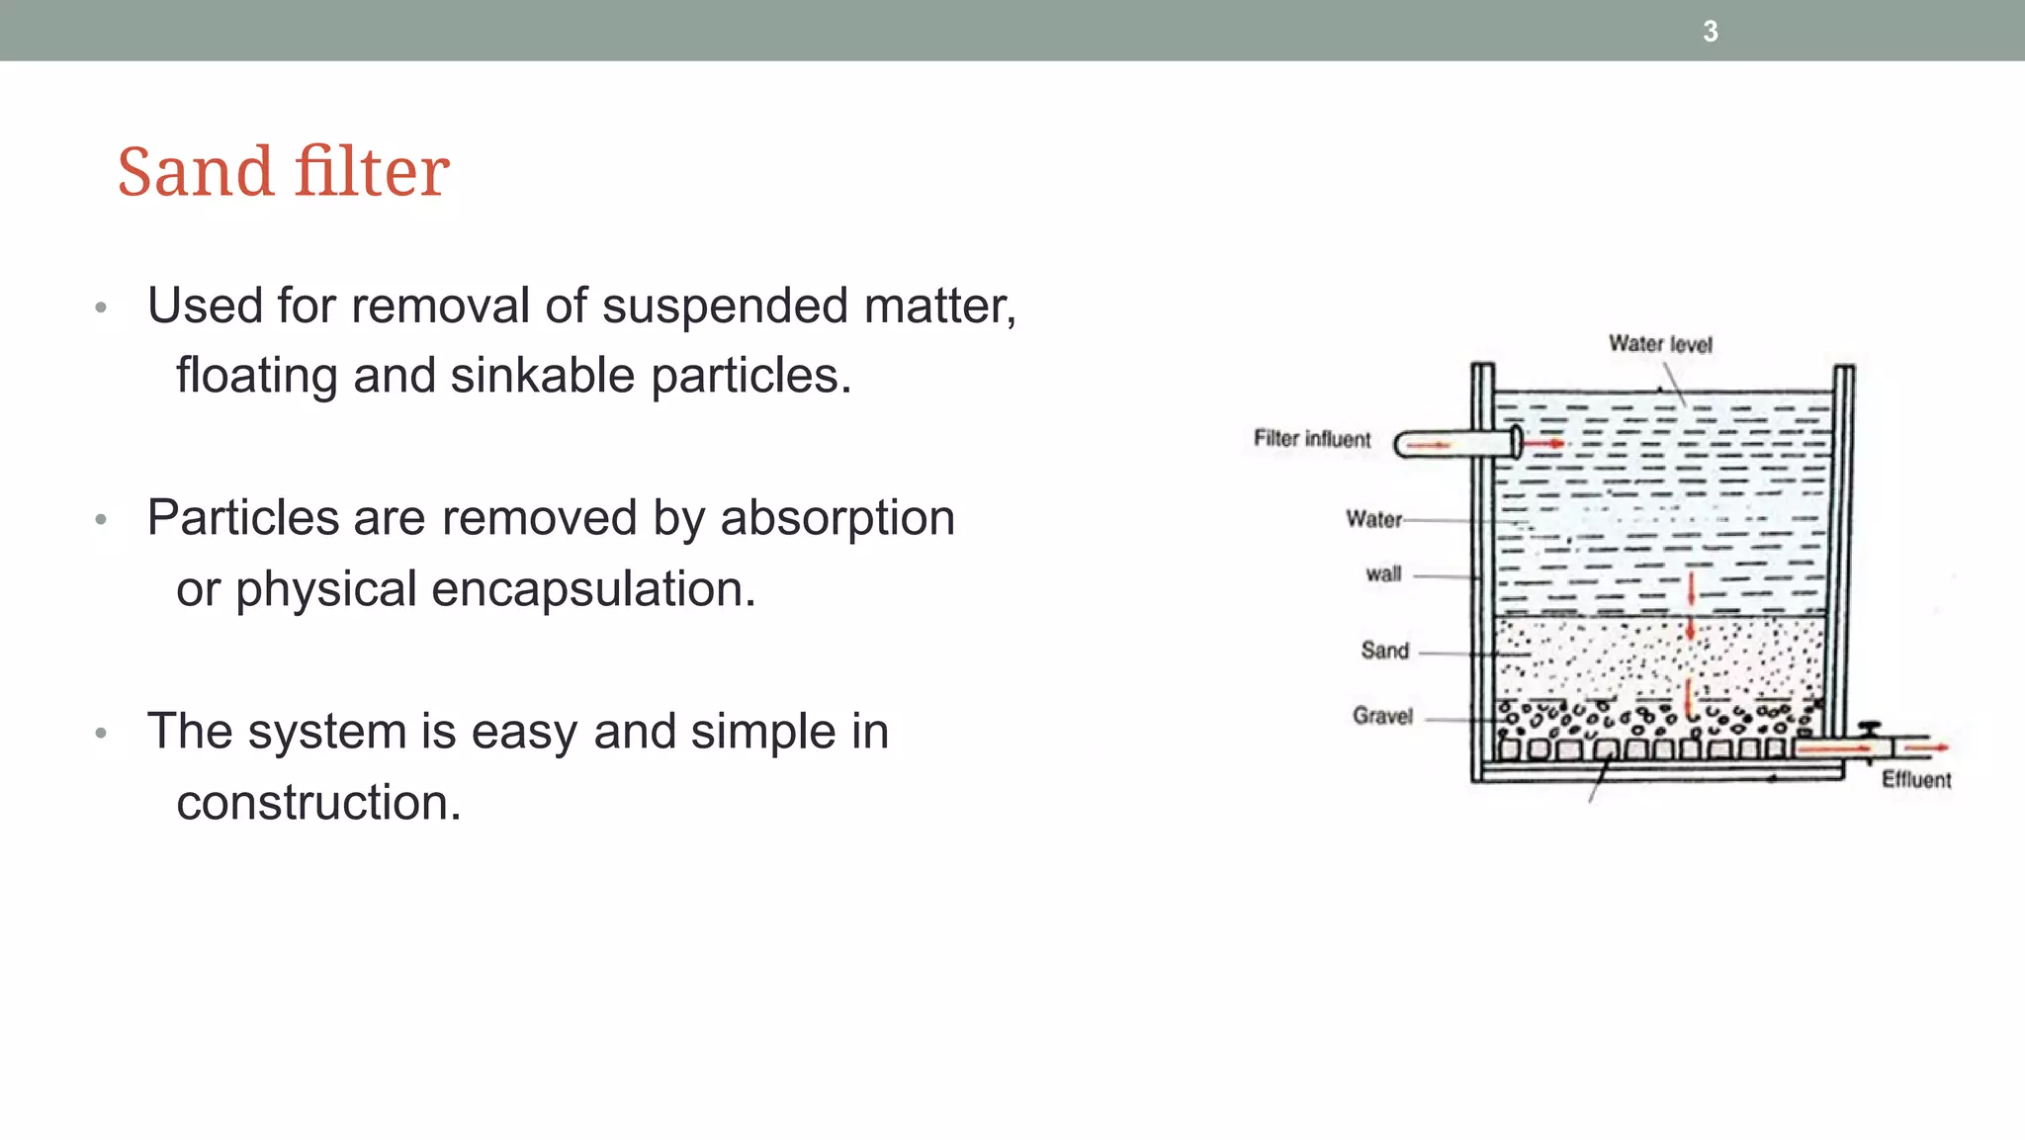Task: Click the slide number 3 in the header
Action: [1711, 32]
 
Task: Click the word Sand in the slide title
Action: [194, 172]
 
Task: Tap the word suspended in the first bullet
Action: [725, 307]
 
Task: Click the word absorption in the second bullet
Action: [837, 519]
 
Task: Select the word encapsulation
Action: [593, 590]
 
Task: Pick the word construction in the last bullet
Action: [318, 803]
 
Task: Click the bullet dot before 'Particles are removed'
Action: [101, 520]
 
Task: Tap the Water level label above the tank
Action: [1660, 344]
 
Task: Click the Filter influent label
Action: [1312, 439]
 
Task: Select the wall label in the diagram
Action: [1383, 574]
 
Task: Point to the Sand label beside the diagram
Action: [1384, 651]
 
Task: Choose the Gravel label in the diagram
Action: [1382, 716]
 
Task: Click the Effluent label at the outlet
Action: [1916, 780]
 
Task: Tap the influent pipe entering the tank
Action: [1453, 444]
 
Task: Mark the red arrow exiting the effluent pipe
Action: [1927, 748]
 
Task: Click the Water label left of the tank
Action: [1373, 519]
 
